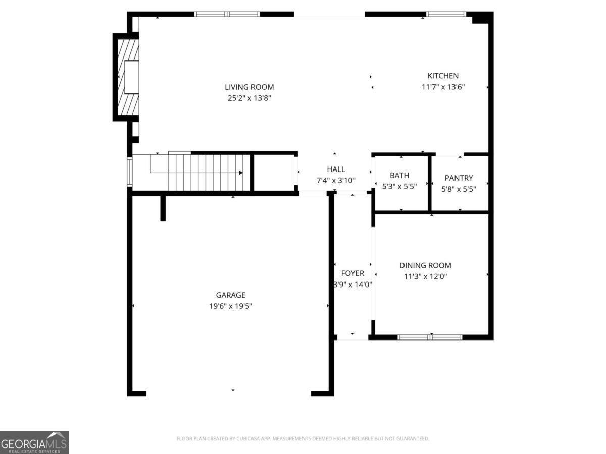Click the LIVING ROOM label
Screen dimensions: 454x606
click(249, 87)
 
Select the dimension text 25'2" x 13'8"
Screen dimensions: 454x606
click(249, 99)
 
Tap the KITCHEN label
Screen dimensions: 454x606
click(443, 76)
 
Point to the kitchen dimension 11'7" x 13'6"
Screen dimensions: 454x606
click(443, 87)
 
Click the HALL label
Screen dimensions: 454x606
click(336, 169)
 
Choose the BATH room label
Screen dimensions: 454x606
click(399, 176)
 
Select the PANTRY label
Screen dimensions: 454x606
click(459, 178)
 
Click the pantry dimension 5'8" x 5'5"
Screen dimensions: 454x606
click(459, 189)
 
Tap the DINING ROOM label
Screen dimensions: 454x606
click(425, 265)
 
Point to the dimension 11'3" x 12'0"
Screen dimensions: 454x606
click(425, 276)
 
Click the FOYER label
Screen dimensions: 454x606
click(352, 273)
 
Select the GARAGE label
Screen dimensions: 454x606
click(231, 295)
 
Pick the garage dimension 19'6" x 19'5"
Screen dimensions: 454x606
click(231, 306)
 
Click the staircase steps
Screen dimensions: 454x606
click(210, 173)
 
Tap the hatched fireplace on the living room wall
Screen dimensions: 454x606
click(128, 77)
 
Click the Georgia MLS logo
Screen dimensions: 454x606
click(34, 442)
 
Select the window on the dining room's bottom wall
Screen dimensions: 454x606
click(430, 337)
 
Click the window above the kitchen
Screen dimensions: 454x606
click(446, 14)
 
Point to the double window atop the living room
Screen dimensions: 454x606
click(227, 14)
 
